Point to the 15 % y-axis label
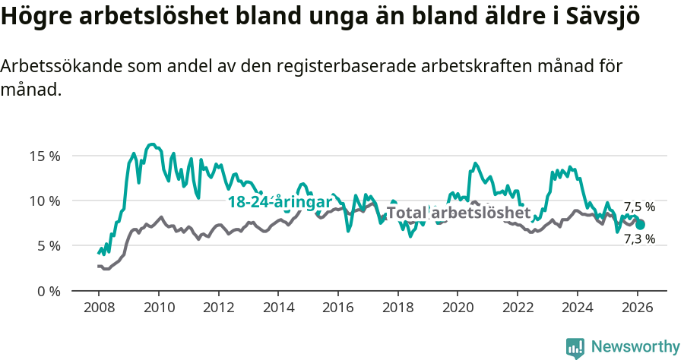pyautogui.click(x=44, y=156)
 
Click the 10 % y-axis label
pyautogui.click(x=44, y=201)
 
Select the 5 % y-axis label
pyautogui.click(x=47, y=245)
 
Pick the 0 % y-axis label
pyautogui.click(x=47, y=291)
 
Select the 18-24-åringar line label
pyautogui.click(x=280, y=202)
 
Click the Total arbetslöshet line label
pyautogui.click(x=458, y=213)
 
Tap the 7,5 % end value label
pyautogui.click(x=639, y=207)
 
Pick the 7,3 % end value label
pyautogui.click(x=639, y=239)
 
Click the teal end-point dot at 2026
pyautogui.click(x=641, y=224)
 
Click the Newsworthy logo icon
pyautogui.click(x=575, y=347)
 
